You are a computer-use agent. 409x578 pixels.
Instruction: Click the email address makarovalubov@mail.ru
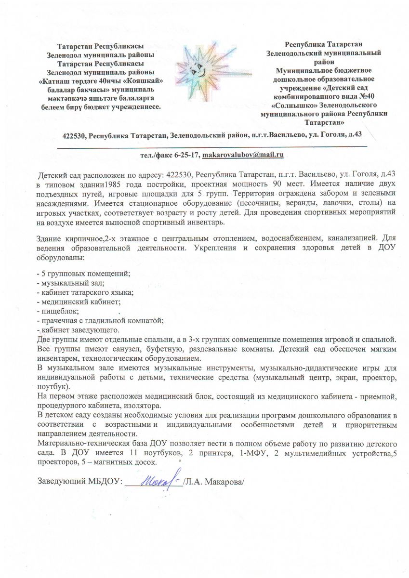coord(243,155)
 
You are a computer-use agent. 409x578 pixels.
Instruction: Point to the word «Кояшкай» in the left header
coord(147,81)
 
